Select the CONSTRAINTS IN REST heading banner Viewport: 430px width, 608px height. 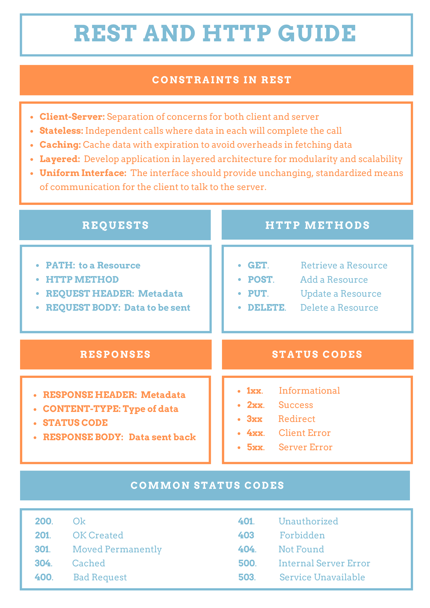coord(222,80)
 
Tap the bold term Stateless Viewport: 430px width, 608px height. coord(61,131)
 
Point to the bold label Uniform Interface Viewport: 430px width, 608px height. coord(83,173)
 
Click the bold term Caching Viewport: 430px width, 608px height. coord(60,145)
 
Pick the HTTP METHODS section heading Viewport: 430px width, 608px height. coord(317,225)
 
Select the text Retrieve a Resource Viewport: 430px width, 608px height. coord(344,265)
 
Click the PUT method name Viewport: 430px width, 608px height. coord(257,294)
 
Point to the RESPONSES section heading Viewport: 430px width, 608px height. coord(116,354)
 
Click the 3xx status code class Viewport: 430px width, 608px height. coord(255,419)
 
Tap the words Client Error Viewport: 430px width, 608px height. coord(304,433)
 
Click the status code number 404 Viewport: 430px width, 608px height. coord(246,549)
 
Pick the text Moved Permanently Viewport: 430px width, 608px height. coord(117,549)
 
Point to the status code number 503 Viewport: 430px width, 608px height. coord(246,577)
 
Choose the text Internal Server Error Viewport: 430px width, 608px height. coord(324,563)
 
